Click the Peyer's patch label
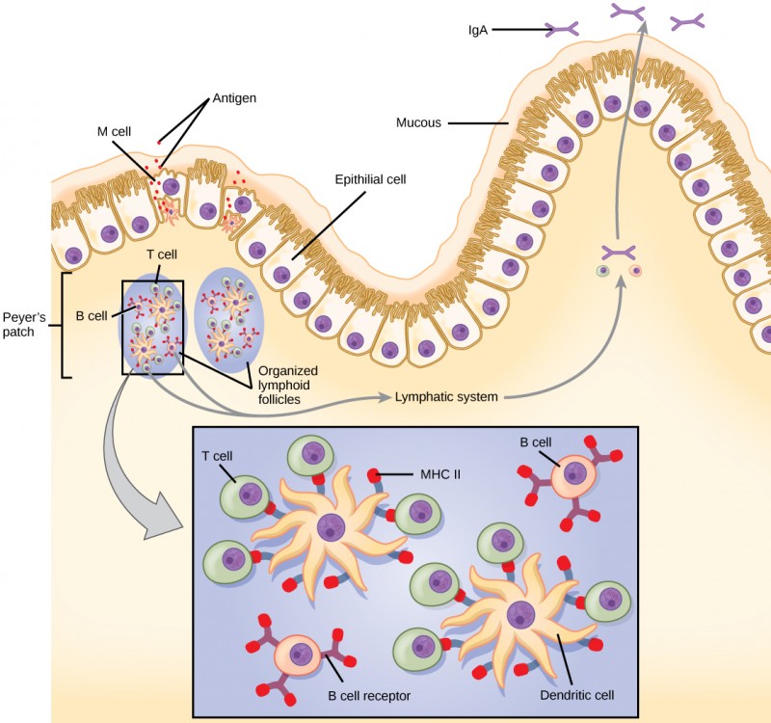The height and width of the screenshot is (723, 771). (x=23, y=323)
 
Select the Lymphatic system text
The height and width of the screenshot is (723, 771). (x=445, y=396)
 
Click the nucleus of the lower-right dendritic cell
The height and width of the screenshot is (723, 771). (x=521, y=613)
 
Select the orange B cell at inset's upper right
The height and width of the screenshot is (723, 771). (x=574, y=476)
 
